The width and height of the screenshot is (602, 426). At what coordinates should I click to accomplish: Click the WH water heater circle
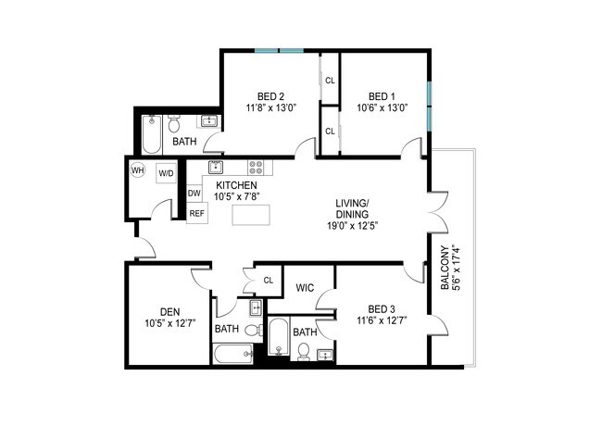pyautogui.click(x=137, y=169)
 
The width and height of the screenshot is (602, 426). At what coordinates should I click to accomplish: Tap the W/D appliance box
pyautogui.click(x=166, y=173)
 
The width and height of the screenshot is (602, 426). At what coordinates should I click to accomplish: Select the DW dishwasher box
pyautogui.click(x=194, y=193)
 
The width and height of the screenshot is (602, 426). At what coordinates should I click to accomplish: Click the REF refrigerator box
pyautogui.click(x=197, y=213)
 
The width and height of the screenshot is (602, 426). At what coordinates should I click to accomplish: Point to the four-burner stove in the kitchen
pyautogui.click(x=256, y=168)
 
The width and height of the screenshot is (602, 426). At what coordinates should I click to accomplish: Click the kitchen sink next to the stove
pyautogui.click(x=216, y=168)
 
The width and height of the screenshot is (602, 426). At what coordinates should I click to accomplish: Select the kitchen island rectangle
pyautogui.click(x=251, y=215)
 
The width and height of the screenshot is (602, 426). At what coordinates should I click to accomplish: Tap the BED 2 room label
pyautogui.click(x=271, y=96)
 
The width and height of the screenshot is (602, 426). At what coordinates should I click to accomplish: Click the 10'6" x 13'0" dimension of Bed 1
pyautogui.click(x=382, y=107)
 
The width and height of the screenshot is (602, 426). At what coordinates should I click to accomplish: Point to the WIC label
pyautogui.click(x=306, y=287)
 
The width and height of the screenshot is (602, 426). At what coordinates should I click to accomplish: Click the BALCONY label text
pyautogui.click(x=445, y=268)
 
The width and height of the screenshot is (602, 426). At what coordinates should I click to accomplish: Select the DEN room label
pyautogui.click(x=170, y=312)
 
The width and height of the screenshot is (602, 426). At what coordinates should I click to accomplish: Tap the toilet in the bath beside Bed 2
pyautogui.click(x=174, y=122)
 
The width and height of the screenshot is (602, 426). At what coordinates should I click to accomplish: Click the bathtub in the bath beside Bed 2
pyautogui.click(x=151, y=134)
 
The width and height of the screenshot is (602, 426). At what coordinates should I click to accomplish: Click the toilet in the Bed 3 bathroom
pyautogui.click(x=304, y=352)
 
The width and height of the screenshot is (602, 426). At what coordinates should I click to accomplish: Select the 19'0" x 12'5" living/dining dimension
pyautogui.click(x=353, y=226)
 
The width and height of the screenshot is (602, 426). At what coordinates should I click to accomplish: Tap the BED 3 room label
pyautogui.click(x=382, y=309)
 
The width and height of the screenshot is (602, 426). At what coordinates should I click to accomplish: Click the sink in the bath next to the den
pyautogui.click(x=256, y=307)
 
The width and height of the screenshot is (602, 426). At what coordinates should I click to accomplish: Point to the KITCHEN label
pyautogui.click(x=236, y=185)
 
